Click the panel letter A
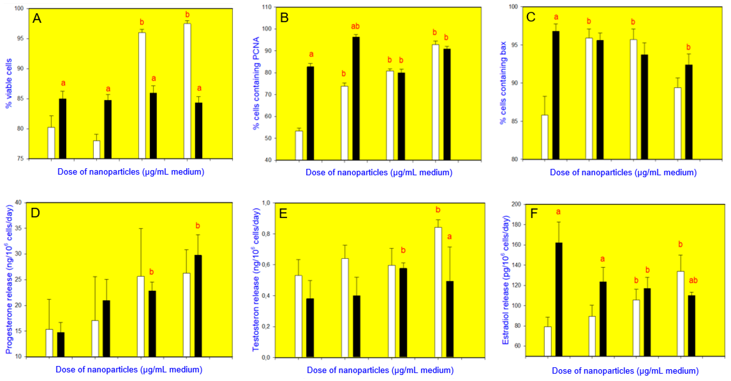[37, 19]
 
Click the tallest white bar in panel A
[187, 91]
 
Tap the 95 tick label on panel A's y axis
[20, 39]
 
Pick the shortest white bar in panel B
[299, 145]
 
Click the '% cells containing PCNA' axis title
[256, 83]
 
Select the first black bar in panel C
[556, 95]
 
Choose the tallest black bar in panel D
[198, 306]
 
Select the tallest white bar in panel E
[438, 292]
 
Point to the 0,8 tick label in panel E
[266, 234]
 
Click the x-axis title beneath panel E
[380, 370]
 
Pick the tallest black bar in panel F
[559, 299]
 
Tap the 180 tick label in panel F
[516, 225]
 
